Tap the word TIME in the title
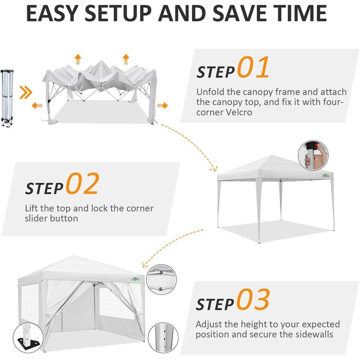[298, 13]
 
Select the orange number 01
[253, 67]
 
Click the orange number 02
[82, 183]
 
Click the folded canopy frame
[7, 98]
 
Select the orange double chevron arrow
[26, 92]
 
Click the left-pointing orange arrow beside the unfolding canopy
[37, 106]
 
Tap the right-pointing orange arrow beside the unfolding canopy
[163, 106]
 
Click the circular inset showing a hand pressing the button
[313, 155]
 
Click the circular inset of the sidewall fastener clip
[161, 280]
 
